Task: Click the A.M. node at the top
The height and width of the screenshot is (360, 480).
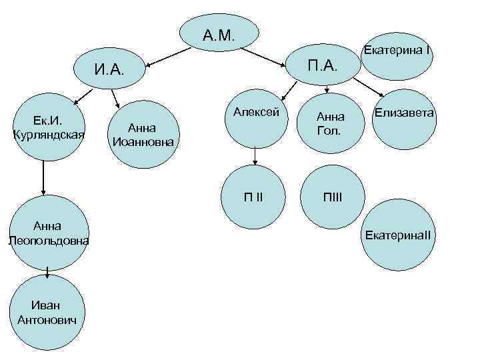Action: (x=220, y=33)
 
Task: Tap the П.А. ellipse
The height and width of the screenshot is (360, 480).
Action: (x=323, y=65)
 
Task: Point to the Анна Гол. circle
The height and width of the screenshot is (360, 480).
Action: (x=328, y=123)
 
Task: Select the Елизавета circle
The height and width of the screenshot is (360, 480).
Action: (x=404, y=117)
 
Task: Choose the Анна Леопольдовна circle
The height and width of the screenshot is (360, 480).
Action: (x=48, y=232)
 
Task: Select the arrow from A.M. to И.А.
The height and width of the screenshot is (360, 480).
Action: (x=163, y=59)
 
